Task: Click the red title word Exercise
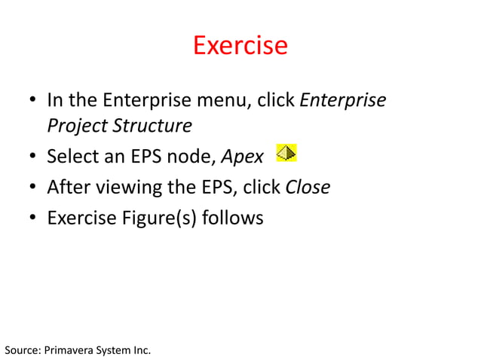(240, 45)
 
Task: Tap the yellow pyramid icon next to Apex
(286, 154)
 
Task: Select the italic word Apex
(242, 157)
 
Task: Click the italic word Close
(308, 188)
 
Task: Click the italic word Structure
(149, 125)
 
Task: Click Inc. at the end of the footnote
(141, 350)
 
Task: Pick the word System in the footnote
(113, 350)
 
